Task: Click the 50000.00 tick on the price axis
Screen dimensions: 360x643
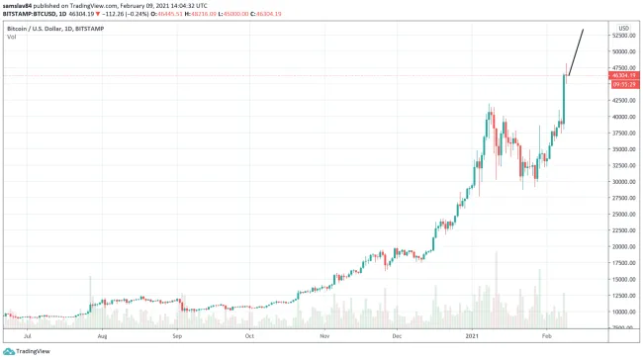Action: point(623,52)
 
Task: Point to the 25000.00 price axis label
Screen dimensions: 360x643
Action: point(623,215)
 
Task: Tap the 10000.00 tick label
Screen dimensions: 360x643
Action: point(623,312)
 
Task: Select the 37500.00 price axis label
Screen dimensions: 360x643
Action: point(623,134)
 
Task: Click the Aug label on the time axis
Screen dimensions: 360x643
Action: point(102,336)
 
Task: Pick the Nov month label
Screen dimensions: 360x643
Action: point(324,336)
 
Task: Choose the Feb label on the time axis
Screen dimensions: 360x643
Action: point(547,336)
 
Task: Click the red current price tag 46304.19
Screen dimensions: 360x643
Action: point(623,75)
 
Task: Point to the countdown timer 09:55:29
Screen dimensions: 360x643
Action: point(623,84)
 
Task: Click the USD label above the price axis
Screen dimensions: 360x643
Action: point(623,28)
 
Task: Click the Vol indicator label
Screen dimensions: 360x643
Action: point(11,37)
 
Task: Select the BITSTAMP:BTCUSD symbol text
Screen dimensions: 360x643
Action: point(33,16)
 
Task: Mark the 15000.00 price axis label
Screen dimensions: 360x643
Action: point(623,279)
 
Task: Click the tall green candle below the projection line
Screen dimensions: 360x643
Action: point(564,99)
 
